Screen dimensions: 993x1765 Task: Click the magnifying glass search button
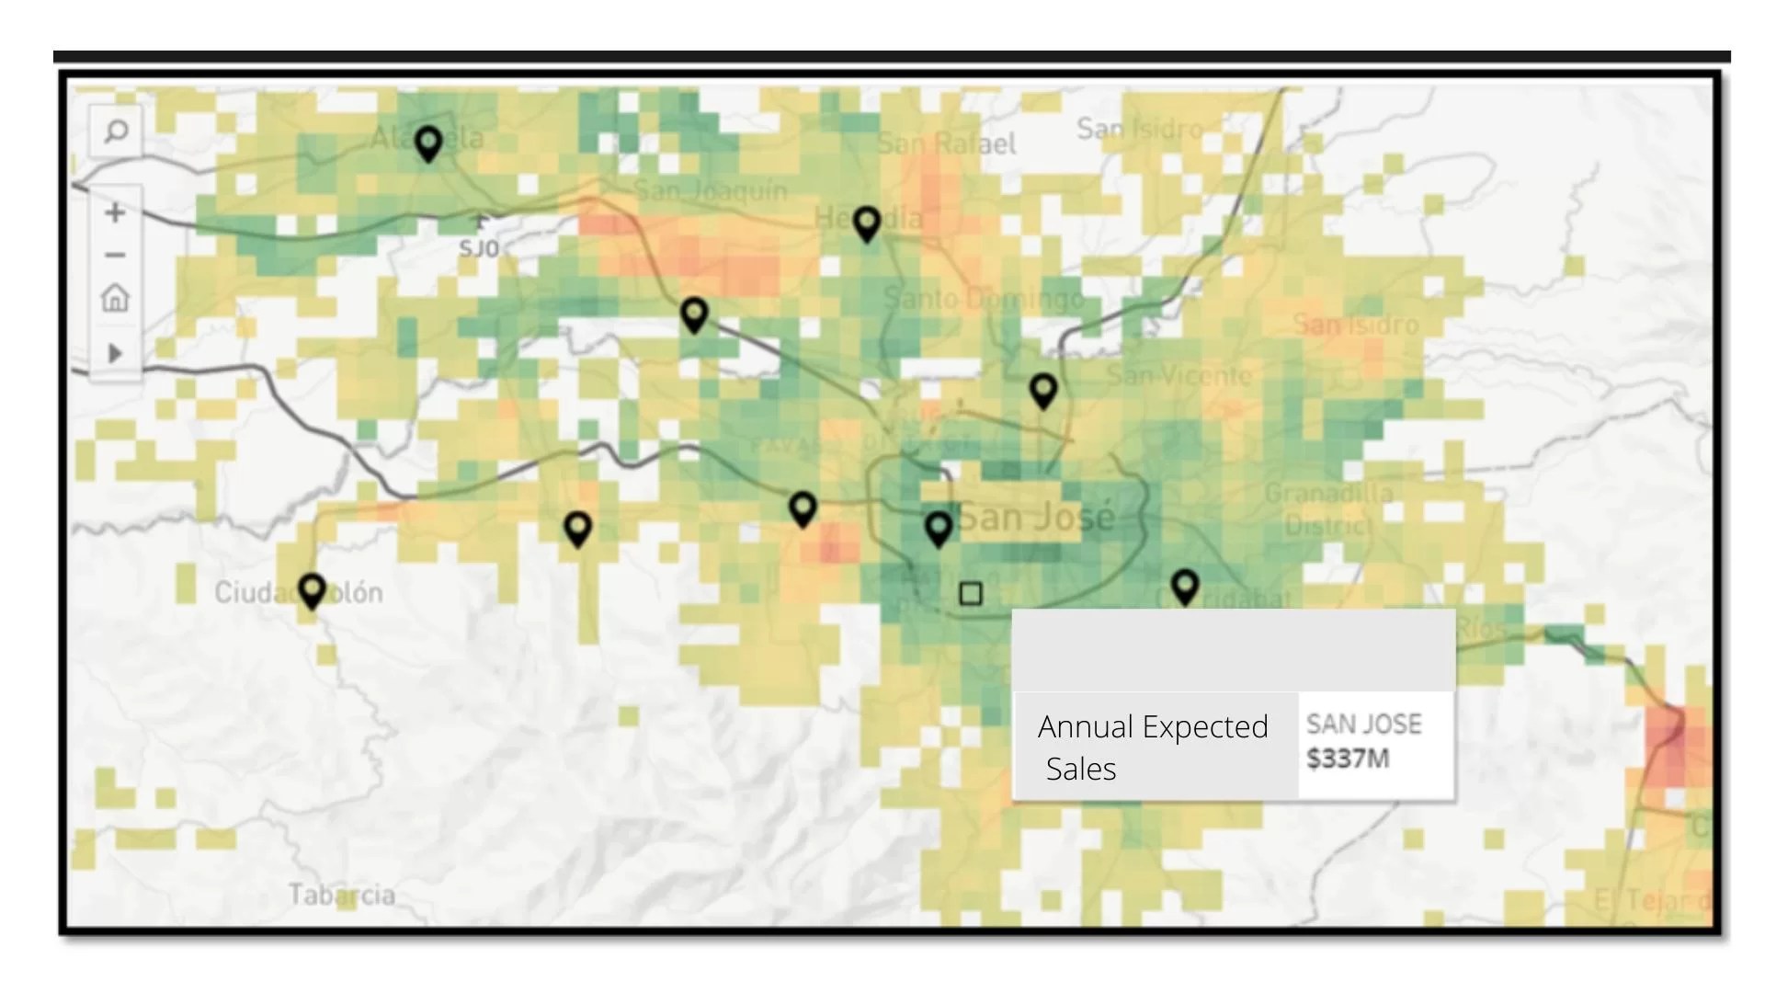(x=116, y=131)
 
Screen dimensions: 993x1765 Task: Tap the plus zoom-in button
(x=115, y=212)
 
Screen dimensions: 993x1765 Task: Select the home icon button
(x=115, y=298)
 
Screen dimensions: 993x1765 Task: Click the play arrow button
(x=115, y=353)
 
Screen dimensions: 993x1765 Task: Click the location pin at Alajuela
(x=428, y=143)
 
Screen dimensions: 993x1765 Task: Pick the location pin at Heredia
(x=867, y=223)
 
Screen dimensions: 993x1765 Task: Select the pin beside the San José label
(x=939, y=528)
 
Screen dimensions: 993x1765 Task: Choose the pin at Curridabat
(x=1185, y=586)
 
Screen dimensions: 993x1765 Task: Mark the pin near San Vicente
(x=1043, y=390)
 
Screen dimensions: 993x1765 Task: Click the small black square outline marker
(x=971, y=594)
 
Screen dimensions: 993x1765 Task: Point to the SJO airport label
(x=479, y=248)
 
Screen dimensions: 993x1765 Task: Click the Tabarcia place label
(x=342, y=895)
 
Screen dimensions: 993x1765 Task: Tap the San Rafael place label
(x=947, y=143)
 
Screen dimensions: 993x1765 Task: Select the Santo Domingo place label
(x=984, y=298)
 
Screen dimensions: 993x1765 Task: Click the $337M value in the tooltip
(x=1348, y=759)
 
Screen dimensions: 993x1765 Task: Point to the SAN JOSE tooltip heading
(x=1364, y=725)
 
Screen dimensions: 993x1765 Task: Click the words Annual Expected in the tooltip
(x=1153, y=726)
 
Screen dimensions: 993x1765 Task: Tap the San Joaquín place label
(x=711, y=190)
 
